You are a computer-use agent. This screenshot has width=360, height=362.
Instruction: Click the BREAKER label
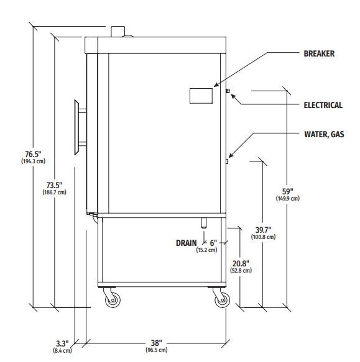click(x=319, y=53)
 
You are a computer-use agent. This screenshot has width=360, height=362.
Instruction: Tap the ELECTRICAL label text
click(x=323, y=106)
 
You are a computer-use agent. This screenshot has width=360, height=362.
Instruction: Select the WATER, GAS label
click(x=324, y=134)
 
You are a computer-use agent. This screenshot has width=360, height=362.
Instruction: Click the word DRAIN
click(x=187, y=243)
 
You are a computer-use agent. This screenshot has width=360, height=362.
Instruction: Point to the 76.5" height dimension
click(x=33, y=154)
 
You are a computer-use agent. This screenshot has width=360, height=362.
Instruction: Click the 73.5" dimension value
click(x=54, y=185)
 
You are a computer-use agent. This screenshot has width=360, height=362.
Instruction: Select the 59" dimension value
click(x=288, y=191)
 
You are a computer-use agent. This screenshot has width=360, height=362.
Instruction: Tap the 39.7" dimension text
click(x=264, y=230)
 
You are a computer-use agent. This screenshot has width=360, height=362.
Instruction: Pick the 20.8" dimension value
click(x=241, y=263)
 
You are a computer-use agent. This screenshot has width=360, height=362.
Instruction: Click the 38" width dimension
click(x=157, y=343)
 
